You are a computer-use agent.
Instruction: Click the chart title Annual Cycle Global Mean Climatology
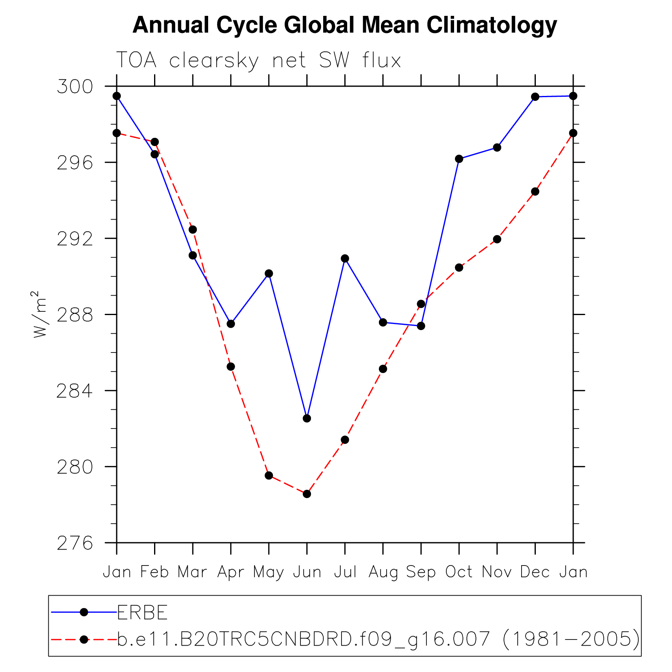click(x=344, y=25)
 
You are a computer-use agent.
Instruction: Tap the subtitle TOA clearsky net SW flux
click(x=259, y=61)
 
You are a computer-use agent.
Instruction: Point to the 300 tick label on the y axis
click(x=75, y=87)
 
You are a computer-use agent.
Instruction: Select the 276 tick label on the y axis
click(x=75, y=543)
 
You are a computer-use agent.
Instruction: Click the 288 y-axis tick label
click(x=75, y=315)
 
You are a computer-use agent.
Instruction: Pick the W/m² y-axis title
click(x=39, y=314)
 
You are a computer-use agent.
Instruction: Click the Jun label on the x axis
click(x=307, y=572)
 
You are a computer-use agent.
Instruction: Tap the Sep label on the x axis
click(x=421, y=572)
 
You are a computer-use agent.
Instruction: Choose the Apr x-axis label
click(x=231, y=572)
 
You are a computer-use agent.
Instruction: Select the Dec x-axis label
click(x=535, y=572)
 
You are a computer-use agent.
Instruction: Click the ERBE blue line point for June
click(x=307, y=418)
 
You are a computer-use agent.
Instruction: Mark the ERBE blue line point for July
click(x=345, y=259)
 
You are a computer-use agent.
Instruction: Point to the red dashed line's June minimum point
click(x=307, y=494)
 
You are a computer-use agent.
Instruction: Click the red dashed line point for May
click(x=269, y=476)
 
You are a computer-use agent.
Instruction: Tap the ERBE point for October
click(x=459, y=159)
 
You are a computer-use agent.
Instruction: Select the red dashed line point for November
click(x=497, y=239)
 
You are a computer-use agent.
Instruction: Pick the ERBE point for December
click(x=535, y=97)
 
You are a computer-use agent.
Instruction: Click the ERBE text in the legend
click(x=142, y=613)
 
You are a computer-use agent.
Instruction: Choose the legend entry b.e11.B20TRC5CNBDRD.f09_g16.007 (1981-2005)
click(x=378, y=639)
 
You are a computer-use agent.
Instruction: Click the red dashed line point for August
click(x=383, y=369)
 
